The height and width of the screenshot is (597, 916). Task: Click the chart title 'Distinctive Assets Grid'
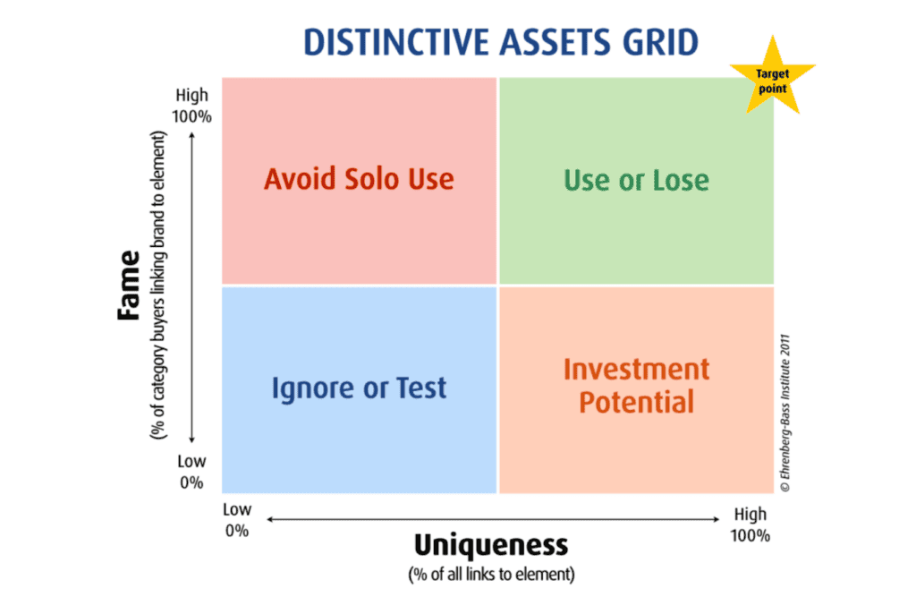point(501,42)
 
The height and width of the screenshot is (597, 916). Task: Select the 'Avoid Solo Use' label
point(359,179)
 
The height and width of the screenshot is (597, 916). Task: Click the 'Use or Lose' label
point(636,180)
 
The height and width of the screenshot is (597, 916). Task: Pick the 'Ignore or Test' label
point(359,388)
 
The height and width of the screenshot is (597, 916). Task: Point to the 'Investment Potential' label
point(636,386)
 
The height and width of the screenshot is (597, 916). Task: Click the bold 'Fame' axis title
point(129,286)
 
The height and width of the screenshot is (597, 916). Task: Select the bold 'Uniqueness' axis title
point(491,545)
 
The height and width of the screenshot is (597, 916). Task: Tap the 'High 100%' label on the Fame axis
point(191,106)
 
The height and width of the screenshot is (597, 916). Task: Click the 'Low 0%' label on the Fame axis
point(191,472)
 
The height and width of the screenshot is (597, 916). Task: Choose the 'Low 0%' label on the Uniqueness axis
point(236,520)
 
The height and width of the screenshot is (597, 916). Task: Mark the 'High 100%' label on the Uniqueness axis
point(751,525)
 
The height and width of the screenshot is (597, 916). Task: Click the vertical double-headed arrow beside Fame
point(191,287)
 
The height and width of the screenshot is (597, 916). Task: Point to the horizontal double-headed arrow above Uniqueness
point(493,518)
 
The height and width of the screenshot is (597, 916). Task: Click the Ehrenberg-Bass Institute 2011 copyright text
point(785,413)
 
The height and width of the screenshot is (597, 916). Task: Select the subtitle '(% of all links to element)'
point(491,575)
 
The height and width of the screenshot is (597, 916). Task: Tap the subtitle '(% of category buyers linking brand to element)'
point(158,286)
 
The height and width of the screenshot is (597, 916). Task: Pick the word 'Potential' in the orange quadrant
point(636,402)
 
